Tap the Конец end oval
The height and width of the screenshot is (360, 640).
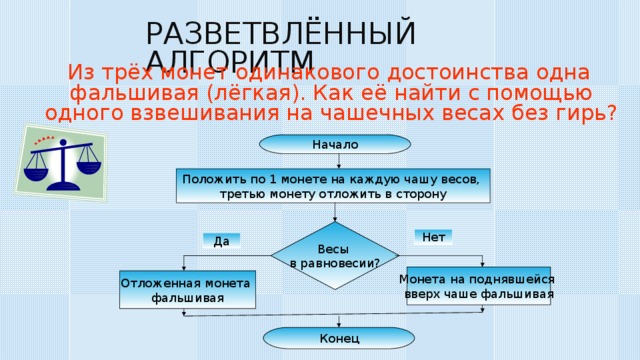334,338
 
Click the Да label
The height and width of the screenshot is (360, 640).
221,240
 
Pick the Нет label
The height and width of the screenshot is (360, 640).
433,237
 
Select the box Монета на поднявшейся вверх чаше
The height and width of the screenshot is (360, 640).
478,286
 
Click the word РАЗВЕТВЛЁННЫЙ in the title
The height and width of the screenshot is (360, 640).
281,33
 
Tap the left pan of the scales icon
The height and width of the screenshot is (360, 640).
37,171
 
